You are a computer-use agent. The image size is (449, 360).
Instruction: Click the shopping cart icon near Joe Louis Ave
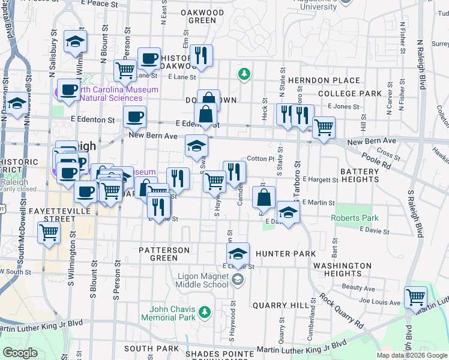(415, 296)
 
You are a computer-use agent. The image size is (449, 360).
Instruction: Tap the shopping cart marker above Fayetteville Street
(49, 233)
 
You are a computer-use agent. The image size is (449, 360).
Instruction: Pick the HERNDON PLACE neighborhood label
(324, 80)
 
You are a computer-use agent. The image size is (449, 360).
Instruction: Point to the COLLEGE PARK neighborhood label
(342, 94)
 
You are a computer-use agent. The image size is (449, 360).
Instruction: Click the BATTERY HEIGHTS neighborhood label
(360, 176)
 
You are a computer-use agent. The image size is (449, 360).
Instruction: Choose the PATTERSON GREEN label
(164, 254)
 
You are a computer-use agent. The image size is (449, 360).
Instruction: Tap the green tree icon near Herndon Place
(244, 74)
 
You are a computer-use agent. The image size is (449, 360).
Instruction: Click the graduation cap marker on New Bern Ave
(196, 145)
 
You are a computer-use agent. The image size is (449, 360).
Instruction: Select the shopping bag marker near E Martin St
(264, 196)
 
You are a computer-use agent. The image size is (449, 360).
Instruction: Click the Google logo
(20, 353)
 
